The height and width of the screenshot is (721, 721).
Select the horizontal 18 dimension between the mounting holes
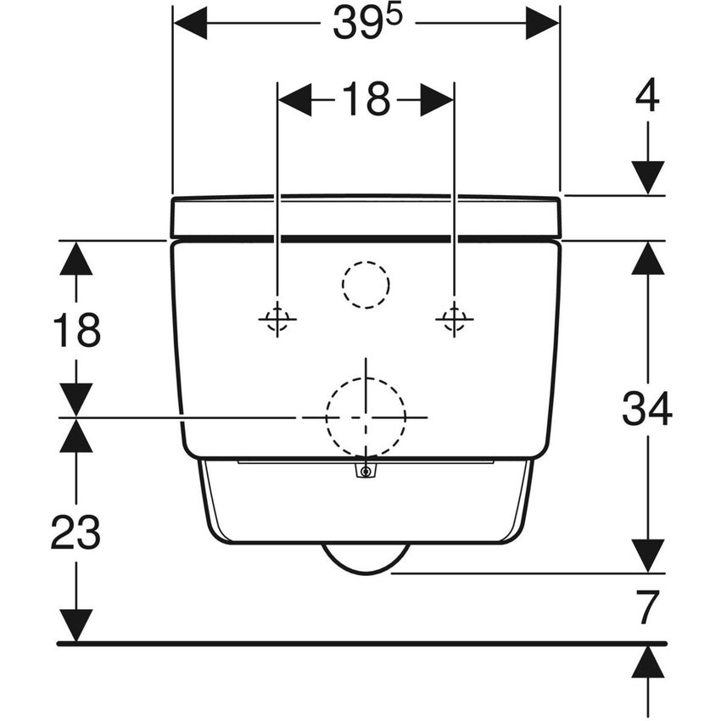366,100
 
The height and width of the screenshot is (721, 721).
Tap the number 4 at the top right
647,98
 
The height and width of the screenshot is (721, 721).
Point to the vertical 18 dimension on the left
76,330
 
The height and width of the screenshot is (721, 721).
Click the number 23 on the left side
76,533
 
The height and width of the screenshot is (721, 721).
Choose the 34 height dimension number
647,410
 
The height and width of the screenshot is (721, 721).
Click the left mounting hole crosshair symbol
277,319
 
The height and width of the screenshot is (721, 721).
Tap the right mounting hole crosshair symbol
454,319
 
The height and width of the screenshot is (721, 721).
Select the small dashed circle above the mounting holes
366,284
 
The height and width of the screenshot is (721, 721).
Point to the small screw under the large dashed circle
366,472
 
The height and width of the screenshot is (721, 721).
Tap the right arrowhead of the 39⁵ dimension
542,24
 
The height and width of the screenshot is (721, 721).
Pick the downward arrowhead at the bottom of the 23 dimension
76,625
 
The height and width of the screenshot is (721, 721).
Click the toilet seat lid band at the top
366,217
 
